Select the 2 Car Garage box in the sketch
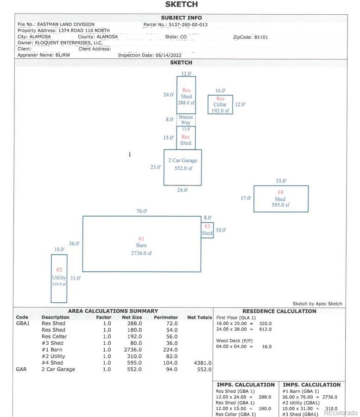(183, 167)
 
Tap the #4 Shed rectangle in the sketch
(281, 199)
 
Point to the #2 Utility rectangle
(59, 278)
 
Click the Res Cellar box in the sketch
(220, 105)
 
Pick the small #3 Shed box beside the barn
(207, 230)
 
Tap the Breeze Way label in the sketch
(186, 120)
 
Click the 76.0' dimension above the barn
(142, 211)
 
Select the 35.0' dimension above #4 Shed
(281, 181)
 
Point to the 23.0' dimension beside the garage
(155, 167)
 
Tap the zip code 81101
(261, 37)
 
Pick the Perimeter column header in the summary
(165, 317)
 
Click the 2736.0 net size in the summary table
(134, 350)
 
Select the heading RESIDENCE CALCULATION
(279, 311)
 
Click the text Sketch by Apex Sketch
(317, 304)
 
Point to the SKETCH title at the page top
(181, 4)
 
